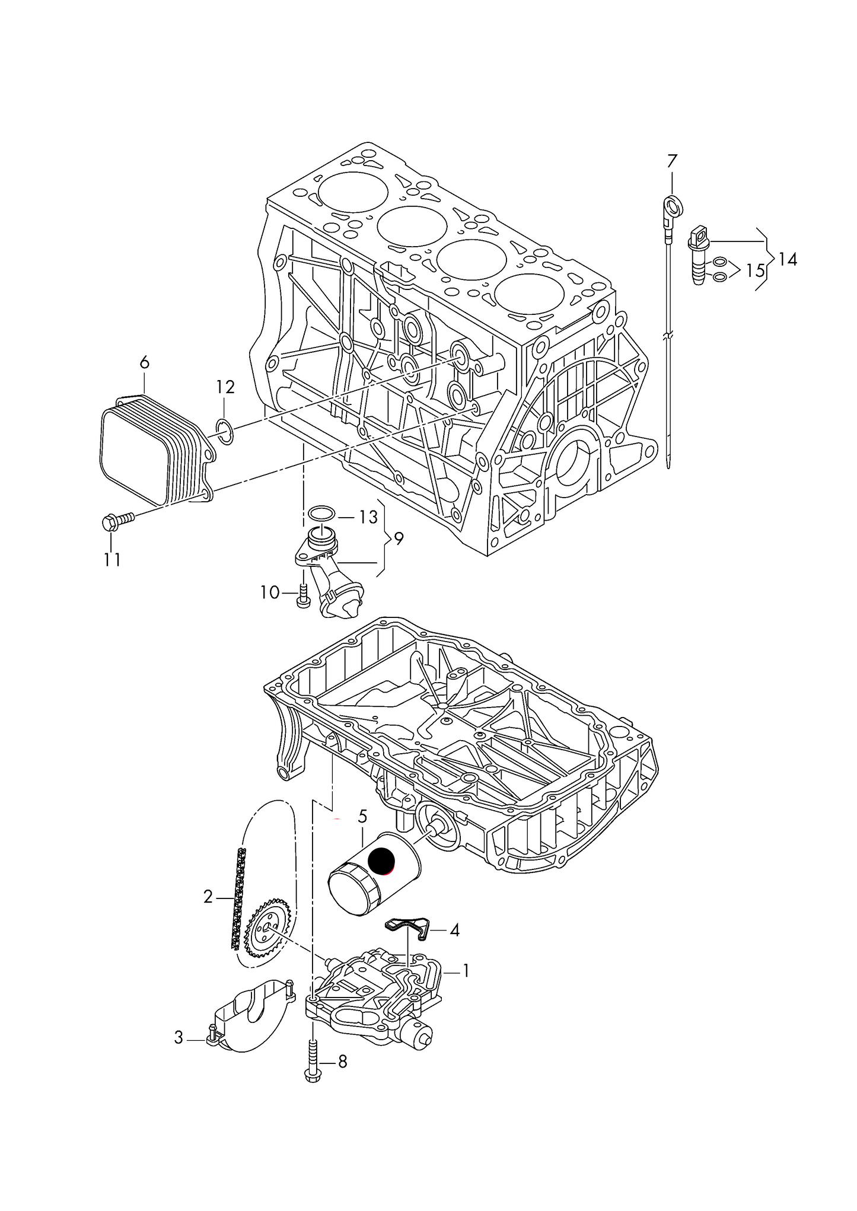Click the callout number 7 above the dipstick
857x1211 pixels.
point(671,161)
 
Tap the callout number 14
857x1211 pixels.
point(788,259)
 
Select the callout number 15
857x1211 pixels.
point(755,271)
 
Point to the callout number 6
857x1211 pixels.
point(145,362)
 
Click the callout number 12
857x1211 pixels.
point(225,387)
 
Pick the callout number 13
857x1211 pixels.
point(368,517)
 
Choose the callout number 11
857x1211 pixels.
point(112,559)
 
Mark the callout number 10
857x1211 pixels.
point(270,592)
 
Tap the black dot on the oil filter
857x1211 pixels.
point(381,862)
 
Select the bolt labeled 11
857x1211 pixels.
point(118,521)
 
